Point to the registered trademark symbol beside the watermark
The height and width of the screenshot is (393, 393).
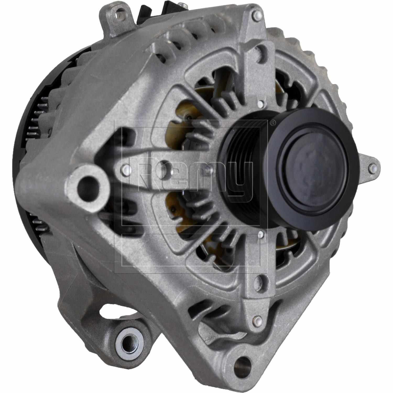tap(274, 122)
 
